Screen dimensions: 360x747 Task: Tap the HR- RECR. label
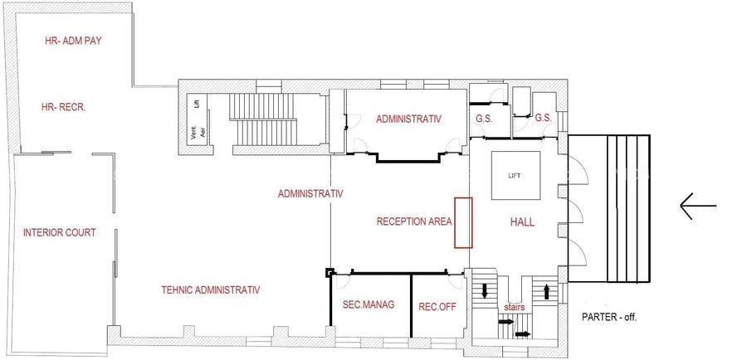(64, 108)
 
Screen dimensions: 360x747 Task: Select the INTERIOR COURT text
(60, 232)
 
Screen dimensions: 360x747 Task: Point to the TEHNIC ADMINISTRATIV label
(211, 290)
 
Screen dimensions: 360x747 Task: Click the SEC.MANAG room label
(368, 305)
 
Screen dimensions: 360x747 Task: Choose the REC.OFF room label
(437, 305)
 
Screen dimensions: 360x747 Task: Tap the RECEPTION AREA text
(413, 221)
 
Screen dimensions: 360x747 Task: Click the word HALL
(521, 222)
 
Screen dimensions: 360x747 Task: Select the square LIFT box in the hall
(515, 176)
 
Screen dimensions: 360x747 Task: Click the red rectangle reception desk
(463, 223)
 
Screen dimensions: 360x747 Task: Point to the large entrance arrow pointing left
(697, 206)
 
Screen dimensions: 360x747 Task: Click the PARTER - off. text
(608, 317)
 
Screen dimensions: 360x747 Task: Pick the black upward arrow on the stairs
(546, 291)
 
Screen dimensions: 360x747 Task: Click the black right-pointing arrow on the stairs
(523, 334)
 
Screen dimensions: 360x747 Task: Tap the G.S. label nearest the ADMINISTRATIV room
(484, 119)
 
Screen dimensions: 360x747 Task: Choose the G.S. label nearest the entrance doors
(544, 119)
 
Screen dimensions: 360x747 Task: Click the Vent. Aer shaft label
(196, 134)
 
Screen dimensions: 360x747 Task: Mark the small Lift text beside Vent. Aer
(197, 104)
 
